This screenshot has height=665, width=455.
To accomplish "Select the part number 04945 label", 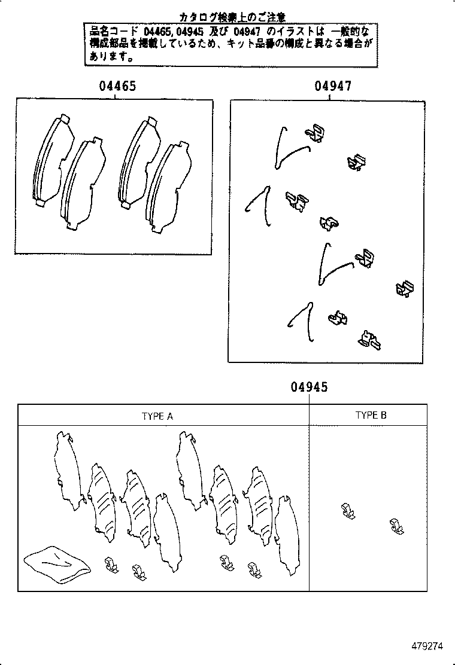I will (x=309, y=388).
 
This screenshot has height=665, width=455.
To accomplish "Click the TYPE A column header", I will (x=157, y=416).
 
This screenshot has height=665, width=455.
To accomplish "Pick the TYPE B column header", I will (x=371, y=416).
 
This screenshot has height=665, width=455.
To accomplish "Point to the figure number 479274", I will (x=427, y=646).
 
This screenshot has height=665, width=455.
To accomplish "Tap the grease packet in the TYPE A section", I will (x=57, y=563).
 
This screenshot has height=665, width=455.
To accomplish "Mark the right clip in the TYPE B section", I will (x=396, y=526).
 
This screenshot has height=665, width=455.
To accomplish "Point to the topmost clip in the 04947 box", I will (x=315, y=133).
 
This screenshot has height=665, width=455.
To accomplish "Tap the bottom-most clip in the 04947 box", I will (x=369, y=340).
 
